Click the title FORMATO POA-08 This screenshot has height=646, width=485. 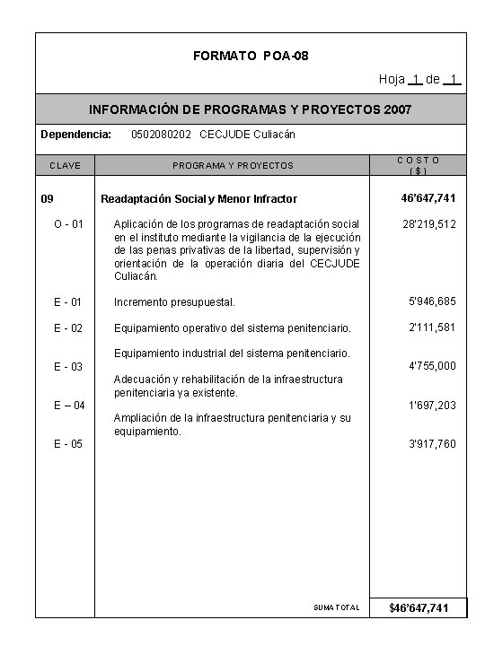click(251, 57)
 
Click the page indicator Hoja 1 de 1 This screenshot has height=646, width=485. click(420, 80)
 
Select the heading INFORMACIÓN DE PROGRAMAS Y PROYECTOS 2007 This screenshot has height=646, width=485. click(251, 109)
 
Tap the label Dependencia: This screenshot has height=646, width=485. click(76, 135)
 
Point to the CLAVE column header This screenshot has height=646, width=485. click(65, 165)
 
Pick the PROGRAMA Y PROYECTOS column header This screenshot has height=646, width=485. click(233, 165)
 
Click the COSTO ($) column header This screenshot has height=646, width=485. click(418, 165)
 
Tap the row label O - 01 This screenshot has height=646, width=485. click(68, 223)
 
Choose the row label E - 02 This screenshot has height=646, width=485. click(68, 327)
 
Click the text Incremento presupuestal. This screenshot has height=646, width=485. click(174, 302)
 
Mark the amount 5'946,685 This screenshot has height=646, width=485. click(432, 301)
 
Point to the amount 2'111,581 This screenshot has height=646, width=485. click(432, 327)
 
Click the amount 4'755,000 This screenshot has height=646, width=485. click(432, 366)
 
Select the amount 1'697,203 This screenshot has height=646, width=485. click(432, 406)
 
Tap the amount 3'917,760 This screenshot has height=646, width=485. click(432, 444)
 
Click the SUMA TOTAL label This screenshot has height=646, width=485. click(337, 608)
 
